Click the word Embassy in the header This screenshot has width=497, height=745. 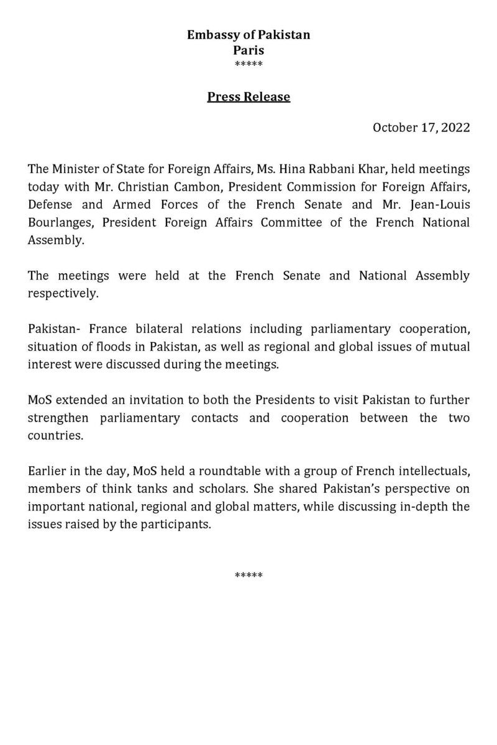pos(211,35)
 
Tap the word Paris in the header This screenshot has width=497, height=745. pos(248,50)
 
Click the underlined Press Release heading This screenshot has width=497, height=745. pos(248,97)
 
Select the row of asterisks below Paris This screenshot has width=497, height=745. pos(248,65)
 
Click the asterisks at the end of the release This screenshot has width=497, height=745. pos(248,575)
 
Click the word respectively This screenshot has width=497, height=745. pos(63,294)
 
